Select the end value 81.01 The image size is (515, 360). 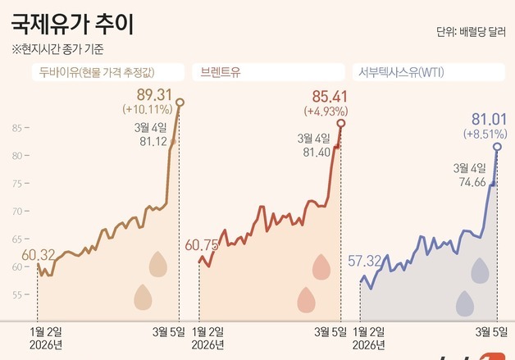pyautogui.click(x=490, y=119)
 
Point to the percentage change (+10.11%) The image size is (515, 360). pyautogui.click(x=147, y=108)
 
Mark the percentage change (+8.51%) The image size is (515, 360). pyautogui.click(x=485, y=133)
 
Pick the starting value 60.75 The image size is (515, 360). pyautogui.click(x=203, y=245)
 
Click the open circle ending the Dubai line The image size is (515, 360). pyautogui.click(x=180, y=102)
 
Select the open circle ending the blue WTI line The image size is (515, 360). pyautogui.click(x=498, y=147)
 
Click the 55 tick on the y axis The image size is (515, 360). pyautogui.click(x=18, y=293)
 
